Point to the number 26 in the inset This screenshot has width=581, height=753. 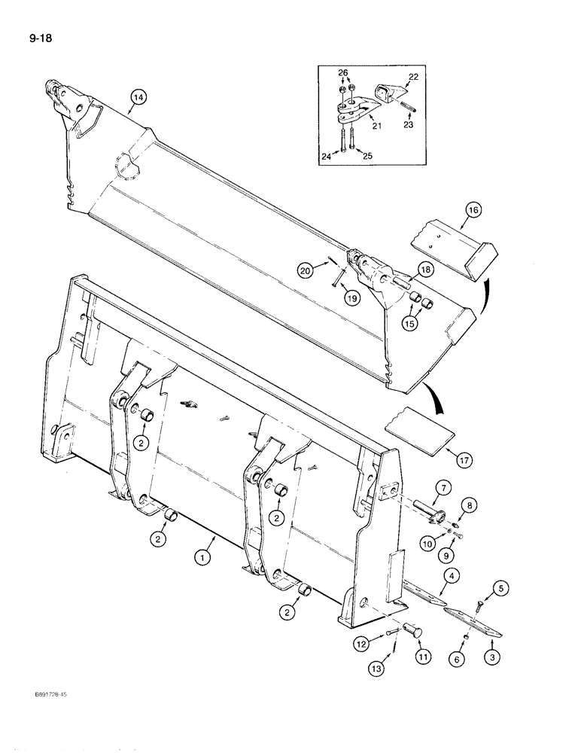click(344, 74)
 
